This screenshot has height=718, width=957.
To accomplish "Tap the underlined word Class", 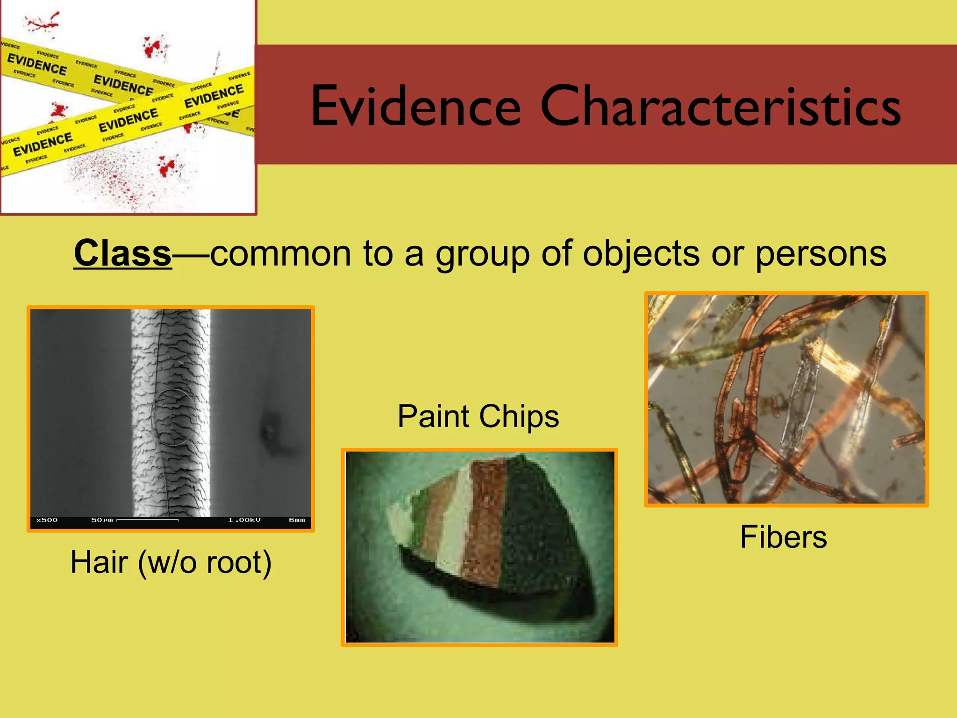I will [122, 253].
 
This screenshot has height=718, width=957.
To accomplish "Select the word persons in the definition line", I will [821, 254].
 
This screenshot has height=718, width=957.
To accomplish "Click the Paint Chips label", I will [478, 416].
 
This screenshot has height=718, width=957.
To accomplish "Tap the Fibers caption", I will [783, 537].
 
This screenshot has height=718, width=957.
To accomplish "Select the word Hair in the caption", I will [99, 562].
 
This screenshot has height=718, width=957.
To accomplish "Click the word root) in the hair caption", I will [239, 563].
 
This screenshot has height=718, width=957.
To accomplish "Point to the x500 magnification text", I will [47, 520].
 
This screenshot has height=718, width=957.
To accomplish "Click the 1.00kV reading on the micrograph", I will [244, 520].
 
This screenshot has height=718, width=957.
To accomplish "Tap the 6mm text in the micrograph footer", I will [297, 520].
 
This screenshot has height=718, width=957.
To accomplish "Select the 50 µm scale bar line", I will [148, 520].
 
